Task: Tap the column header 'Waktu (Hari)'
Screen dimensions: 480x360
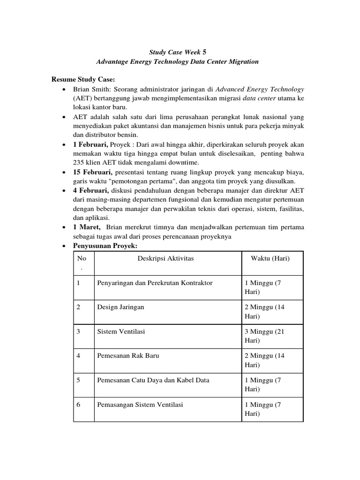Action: tap(270, 258)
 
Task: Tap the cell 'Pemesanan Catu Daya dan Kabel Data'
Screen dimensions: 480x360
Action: tap(153, 380)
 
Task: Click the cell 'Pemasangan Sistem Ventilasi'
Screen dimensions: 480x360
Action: tap(140, 405)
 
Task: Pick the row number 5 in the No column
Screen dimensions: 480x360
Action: tap(79, 380)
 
